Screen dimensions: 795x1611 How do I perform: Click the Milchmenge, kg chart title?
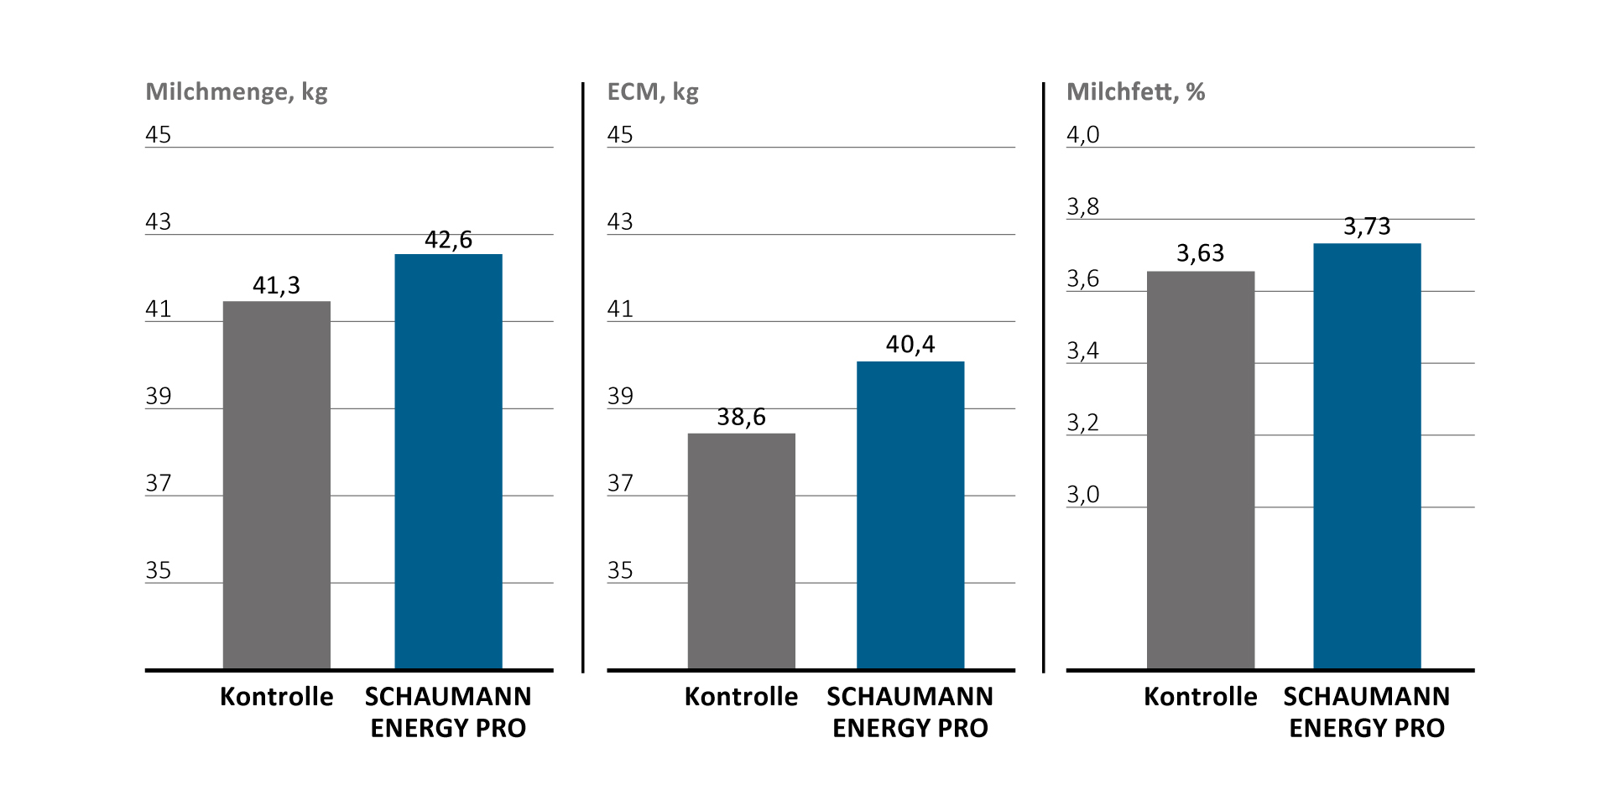[236, 92]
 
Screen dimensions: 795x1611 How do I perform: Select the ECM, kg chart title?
[652, 92]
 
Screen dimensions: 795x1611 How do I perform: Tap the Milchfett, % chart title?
[1135, 92]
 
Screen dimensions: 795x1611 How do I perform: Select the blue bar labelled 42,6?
[448, 461]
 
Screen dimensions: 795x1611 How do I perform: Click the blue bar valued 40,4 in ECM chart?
[910, 515]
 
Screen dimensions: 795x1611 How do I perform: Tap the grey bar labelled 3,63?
[1200, 470]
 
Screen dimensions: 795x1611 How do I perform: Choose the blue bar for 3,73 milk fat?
[1366, 456]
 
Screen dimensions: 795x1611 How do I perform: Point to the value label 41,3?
[276, 286]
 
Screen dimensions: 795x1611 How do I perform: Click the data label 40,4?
[910, 345]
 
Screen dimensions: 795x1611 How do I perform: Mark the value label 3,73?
[1366, 226]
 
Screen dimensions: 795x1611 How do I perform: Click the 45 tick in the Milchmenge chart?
[158, 135]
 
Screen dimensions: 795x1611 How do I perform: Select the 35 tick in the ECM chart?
[619, 571]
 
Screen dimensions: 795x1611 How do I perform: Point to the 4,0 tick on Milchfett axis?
[1082, 135]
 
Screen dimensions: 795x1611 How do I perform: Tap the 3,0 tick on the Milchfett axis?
[1082, 495]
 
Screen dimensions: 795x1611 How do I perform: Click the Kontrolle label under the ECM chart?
[741, 697]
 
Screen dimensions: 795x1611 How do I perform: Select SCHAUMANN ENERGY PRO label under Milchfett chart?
[1366, 712]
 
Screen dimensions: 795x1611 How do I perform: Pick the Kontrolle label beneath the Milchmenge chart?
[276, 697]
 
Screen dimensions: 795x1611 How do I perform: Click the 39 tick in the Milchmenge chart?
[158, 397]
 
